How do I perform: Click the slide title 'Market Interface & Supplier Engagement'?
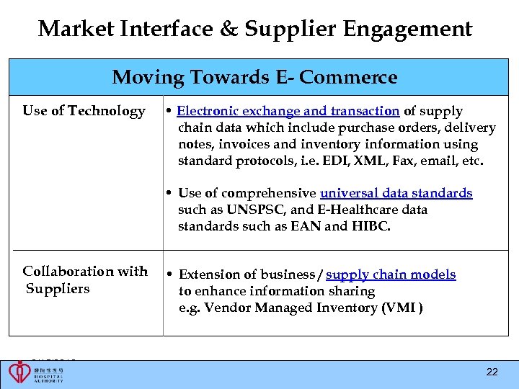(x=255, y=29)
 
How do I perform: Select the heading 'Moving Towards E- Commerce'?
(x=254, y=77)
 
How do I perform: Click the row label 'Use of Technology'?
(x=84, y=111)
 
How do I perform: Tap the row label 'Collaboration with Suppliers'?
(x=84, y=280)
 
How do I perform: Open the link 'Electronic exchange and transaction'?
(x=288, y=111)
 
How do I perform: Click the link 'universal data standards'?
(x=396, y=193)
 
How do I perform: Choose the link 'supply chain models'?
(x=391, y=274)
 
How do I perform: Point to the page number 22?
(x=492, y=372)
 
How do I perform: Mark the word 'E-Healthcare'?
(x=347, y=210)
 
